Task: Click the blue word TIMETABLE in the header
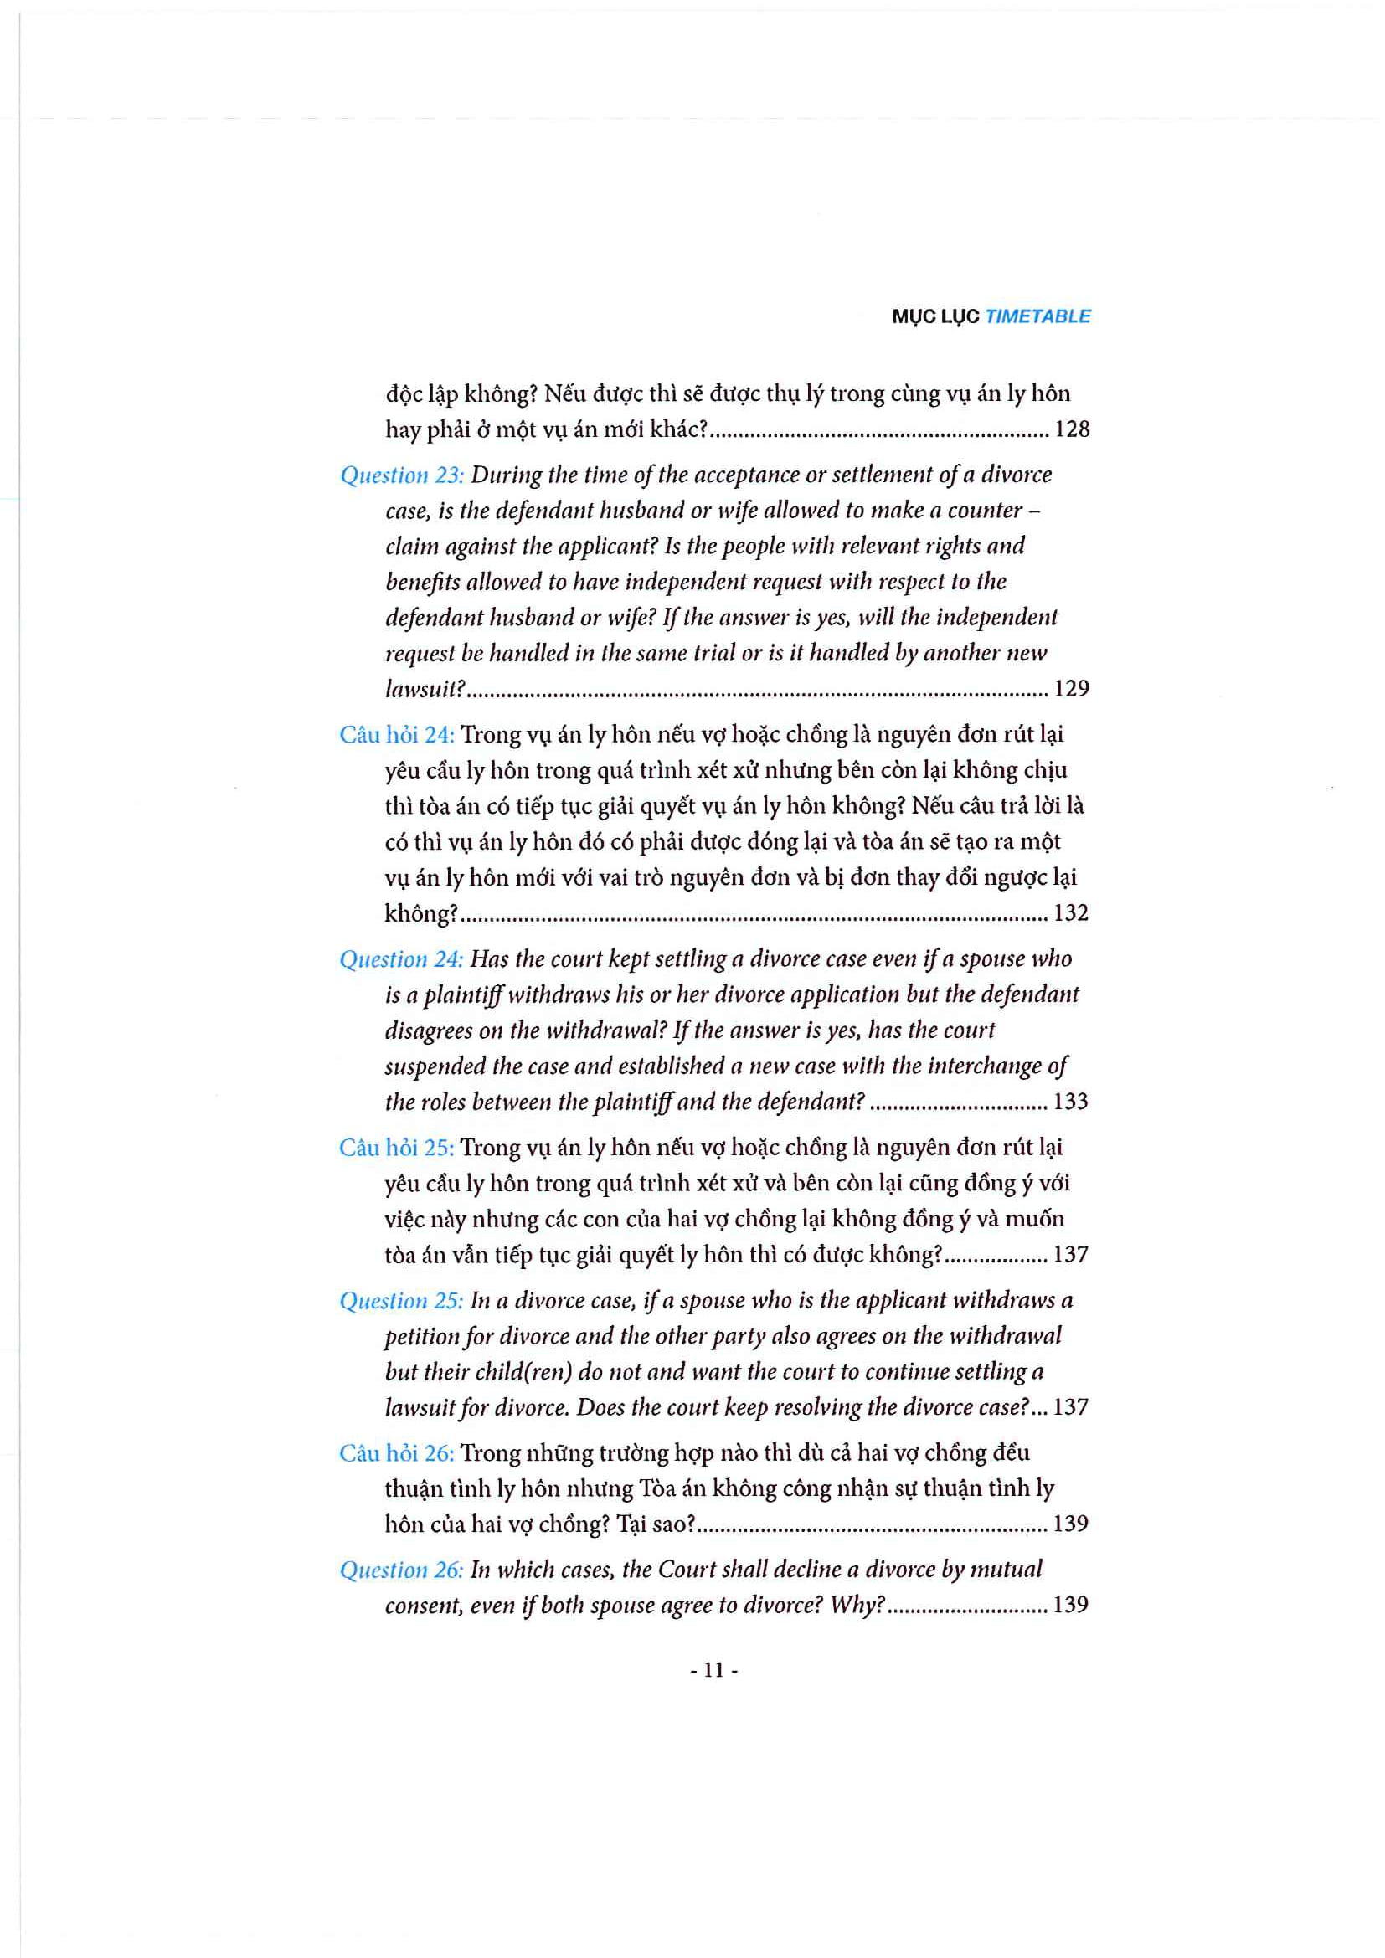[x=1037, y=316]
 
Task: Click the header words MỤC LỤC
[x=935, y=317]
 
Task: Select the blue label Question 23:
[x=402, y=475]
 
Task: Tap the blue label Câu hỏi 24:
[x=397, y=734]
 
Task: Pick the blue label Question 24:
[x=401, y=959]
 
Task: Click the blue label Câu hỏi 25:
[x=397, y=1148]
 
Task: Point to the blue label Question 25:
[x=401, y=1301]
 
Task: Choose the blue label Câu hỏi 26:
[x=397, y=1453]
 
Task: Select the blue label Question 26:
[x=401, y=1570]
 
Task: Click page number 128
[x=1072, y=429]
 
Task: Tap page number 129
[x=1072, y=688]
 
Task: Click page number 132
[x=1071, y=913]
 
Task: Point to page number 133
[x=1071, y=1102]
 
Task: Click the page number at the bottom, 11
[x=713, y=1671]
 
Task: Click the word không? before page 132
[x=421, y=914]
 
